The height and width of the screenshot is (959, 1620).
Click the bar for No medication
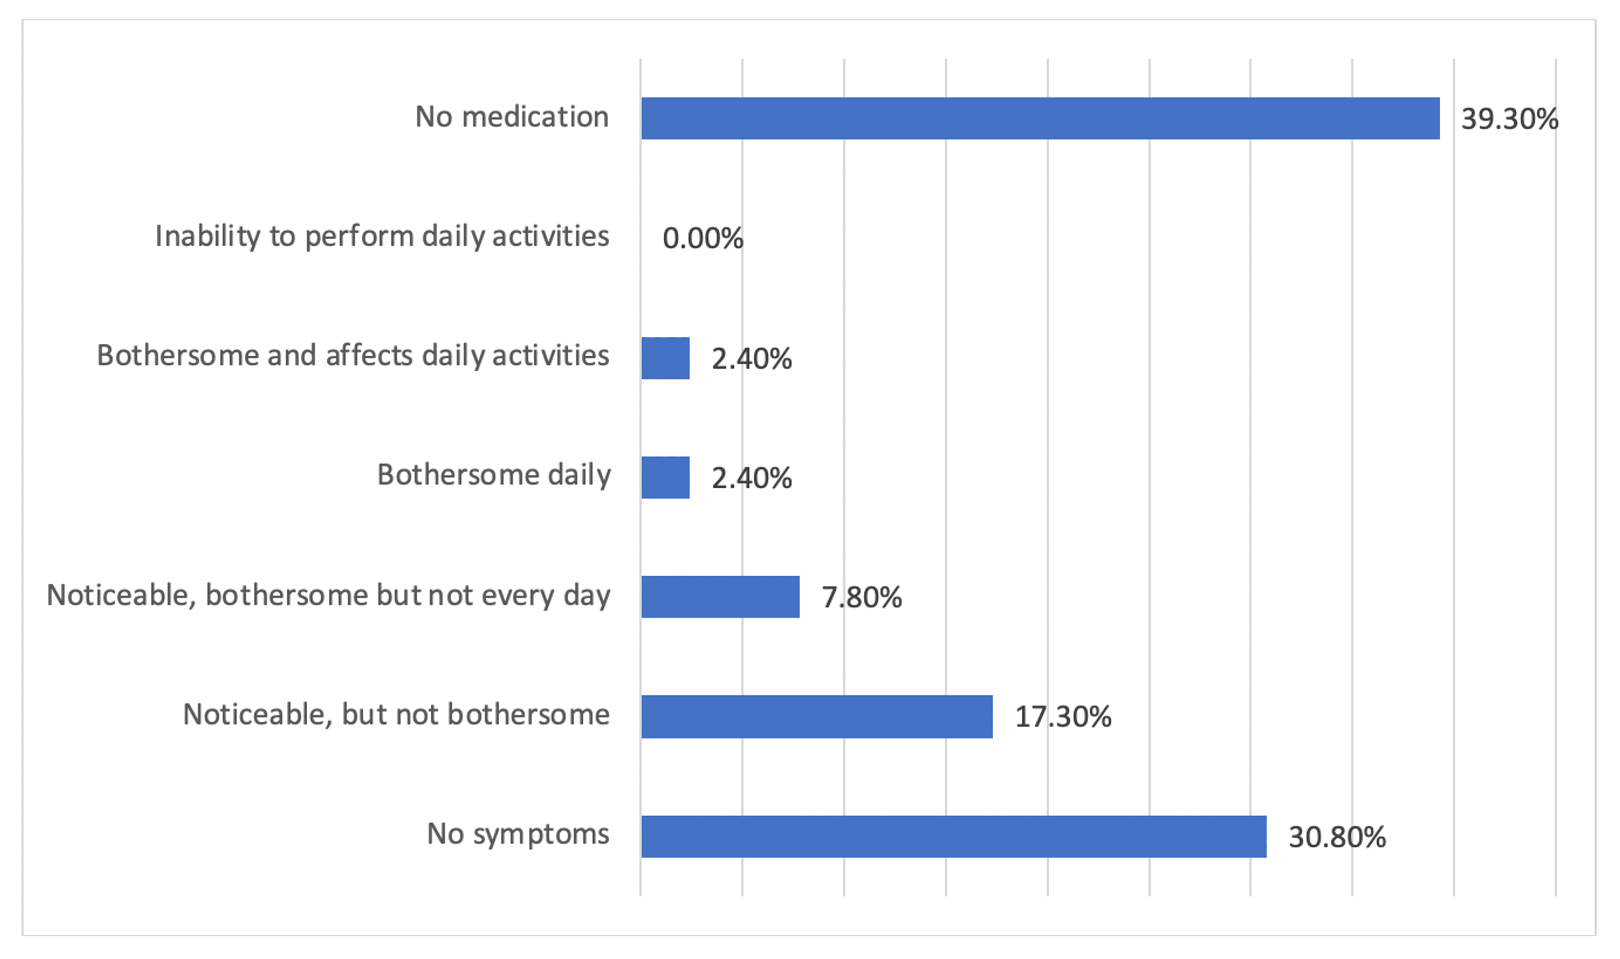1039,118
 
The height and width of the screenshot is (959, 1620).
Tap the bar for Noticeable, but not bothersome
816,717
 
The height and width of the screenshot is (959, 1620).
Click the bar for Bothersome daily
665,478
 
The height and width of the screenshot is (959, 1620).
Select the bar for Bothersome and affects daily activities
665,358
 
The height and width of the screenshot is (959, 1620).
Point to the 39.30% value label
1509,119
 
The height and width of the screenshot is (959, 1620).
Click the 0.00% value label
702,239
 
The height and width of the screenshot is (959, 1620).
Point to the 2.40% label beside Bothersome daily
751,478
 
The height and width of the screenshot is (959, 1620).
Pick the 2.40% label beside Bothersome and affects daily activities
751,359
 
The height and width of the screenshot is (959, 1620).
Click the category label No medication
511,117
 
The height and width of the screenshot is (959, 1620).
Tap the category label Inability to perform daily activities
381,236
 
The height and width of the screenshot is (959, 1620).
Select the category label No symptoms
517,834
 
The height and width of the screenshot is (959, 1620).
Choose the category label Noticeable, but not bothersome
396,714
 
